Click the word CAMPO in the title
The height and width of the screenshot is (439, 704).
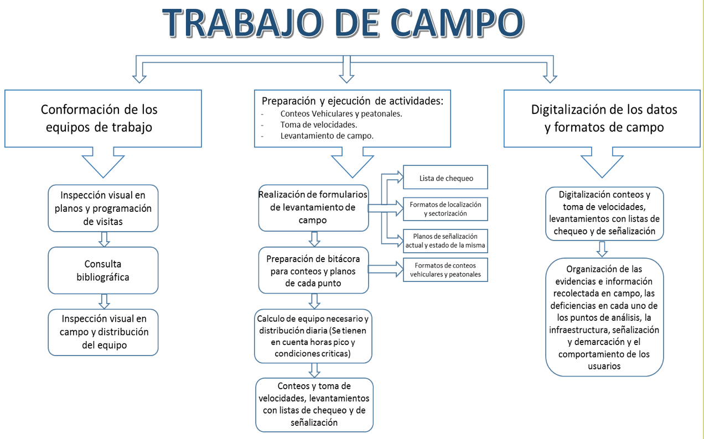pyautogui.click(x=458, y=23)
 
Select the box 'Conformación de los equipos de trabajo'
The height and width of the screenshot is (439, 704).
pyautogui.click(x=103, y=119)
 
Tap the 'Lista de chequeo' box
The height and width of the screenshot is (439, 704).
pyautogui.click(x=446, y=177)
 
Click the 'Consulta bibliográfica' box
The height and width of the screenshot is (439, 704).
pyautogui.click(x=103, y=270)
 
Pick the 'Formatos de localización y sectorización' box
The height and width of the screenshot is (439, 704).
pyautogui.click(x=446, y=209)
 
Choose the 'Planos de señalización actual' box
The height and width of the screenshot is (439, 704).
pyautogui.click(x=446, y=241)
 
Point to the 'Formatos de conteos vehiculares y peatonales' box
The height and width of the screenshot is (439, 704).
pyautogui.click(x=446, y=270)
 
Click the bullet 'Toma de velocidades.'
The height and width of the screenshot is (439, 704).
pyautogui.click(x=319, y=125)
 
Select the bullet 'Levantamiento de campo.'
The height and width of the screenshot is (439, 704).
pyautogui.click(x=327, y=136)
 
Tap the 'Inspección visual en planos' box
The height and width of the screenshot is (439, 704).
pyautogui.click(x=103, y=208)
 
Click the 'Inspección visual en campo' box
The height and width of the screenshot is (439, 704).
pyautogui.click(x=103, y=332)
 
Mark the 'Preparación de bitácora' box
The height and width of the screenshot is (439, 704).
pyautogui.click(x=313, y=270)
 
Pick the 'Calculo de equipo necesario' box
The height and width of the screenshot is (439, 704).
pyautogui.click(x=313, y=336)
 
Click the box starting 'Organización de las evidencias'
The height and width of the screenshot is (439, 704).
pyautogui.click(x=604, y=317)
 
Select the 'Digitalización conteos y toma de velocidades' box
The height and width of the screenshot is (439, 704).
pyautogui.click(x=604, y=213)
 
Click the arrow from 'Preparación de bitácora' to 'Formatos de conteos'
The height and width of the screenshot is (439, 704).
pyautogui.click(x=386, y=269)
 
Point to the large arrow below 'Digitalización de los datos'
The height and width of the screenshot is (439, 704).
pyautogui.click(x=602, y=163)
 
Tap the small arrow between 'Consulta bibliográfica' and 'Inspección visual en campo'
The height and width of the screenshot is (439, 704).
pyautogui.click(x=104, y=301)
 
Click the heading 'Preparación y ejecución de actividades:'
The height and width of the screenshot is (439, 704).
pyautogui.click(x=353, y=101)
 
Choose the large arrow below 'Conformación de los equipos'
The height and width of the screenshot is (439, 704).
pyautogui.click(x=103, y=163)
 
